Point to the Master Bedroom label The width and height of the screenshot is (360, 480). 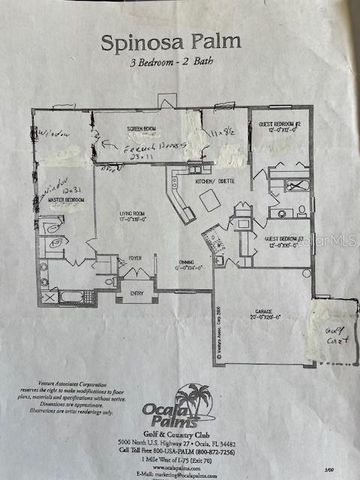point(63,200)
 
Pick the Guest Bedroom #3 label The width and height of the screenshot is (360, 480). point(285,241)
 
